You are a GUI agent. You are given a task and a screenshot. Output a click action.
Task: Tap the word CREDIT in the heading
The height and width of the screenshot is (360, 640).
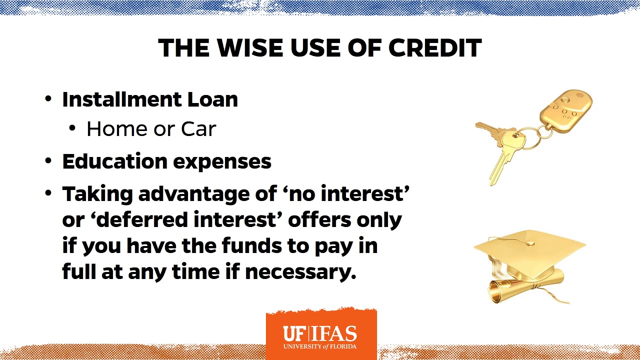pyautogui.click(x=434, y=48)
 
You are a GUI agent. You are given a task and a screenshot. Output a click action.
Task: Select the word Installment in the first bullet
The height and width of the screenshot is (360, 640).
pyautogui.click(x=121, y=99)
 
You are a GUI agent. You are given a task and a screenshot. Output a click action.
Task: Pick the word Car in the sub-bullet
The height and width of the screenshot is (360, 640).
pyautogui.click(x=198, y=129)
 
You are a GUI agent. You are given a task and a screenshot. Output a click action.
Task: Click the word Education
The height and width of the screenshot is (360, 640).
pyautogui.click(x=114, y=161)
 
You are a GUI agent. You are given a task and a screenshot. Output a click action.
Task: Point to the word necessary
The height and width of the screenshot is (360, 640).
pyautogui.click(x=300, y=272)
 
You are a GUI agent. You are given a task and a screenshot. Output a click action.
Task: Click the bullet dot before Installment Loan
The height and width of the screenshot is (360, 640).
pyautogui.click(x=48, y=99)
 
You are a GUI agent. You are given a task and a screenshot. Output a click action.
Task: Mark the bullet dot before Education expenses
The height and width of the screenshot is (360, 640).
pyautogui.click(x=48, y=161)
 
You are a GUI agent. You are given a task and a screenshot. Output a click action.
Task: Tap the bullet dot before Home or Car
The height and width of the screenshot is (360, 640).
pyautogui.click(x=73, y=128)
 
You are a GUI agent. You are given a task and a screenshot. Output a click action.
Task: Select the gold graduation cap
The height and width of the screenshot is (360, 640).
pyautogui.click(x=530, y=250)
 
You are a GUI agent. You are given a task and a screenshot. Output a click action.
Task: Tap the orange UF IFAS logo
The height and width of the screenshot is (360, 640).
pyautogui.click(x=320, y=334)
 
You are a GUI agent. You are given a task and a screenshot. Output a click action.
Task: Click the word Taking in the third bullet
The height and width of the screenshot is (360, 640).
pyautogui.click(x=97, y=194)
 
